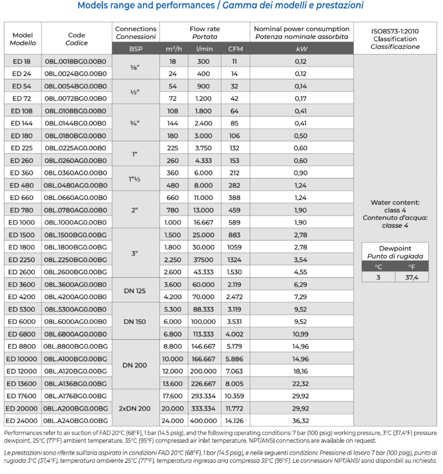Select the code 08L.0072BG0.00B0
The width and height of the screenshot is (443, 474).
click(x=76, y=98)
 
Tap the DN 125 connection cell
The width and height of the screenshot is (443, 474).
click(x=134, y=291)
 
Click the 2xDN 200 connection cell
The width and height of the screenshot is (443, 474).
click(x=134, y=408)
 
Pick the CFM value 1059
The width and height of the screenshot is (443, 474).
click(x=234, y=247)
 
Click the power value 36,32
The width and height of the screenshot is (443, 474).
click(x=301, y=420)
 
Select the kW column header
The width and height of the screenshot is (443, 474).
click(x=302, y=49)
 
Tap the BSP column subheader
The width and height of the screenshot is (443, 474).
click(x=136, y=49)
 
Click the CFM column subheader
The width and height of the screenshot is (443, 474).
click(x=235, y=49)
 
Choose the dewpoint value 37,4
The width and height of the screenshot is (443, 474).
click(x=411, y=277)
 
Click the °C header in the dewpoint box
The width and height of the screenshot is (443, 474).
click(x=378, y=266)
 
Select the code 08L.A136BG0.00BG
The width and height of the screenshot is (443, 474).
click(x=76, y=383)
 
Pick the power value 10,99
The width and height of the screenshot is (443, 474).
click(x=301, y=334)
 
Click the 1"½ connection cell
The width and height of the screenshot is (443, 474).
click(x=135, y=179)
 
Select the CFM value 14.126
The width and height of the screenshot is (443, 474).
click(x=234, y=420)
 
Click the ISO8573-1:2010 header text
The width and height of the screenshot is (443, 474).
click(x=395, y=31)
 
